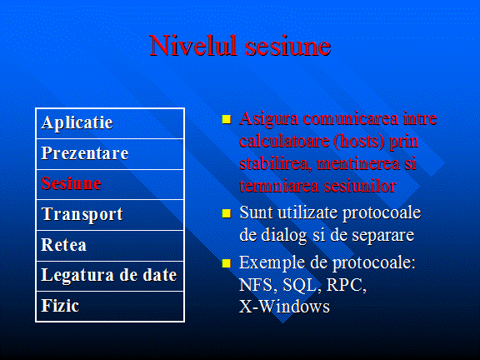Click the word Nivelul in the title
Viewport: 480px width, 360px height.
tap(193, 46)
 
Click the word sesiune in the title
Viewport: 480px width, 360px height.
tap(288, 47)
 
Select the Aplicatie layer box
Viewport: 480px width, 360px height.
tap(110, 123)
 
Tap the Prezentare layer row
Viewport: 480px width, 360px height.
tap(110, 154)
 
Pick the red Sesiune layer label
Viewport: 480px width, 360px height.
tap(71, 183)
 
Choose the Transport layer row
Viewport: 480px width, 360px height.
tap(110, 215)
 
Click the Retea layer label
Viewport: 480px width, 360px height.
tap(63, 245)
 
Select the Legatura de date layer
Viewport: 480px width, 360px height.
tap(110, 276)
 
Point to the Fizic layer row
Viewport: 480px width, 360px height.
tap(110, 306)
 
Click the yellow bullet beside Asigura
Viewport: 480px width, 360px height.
tap(227, 119)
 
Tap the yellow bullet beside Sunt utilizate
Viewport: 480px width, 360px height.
tap(227, 213)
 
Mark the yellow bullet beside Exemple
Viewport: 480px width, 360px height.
tap(227, 263)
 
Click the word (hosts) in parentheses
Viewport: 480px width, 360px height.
tap(359, 141)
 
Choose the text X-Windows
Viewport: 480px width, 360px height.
tap(284, 306)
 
